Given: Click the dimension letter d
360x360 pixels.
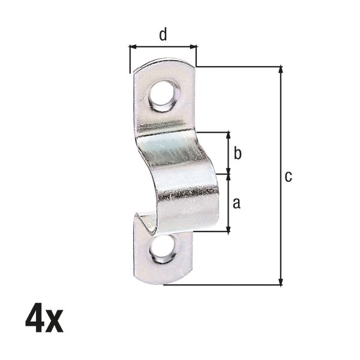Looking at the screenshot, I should [163, 35].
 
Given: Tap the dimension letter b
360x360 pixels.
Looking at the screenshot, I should [238, 154].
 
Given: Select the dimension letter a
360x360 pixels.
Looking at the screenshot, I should [236, 203].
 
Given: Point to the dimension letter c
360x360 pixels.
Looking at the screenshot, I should [289, 176].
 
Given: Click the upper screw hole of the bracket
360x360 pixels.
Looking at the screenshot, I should [164, 95].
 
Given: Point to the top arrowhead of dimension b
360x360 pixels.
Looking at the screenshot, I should [229, 135].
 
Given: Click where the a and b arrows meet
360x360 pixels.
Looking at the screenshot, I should [229, 174].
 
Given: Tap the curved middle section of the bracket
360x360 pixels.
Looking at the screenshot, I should [180, 180].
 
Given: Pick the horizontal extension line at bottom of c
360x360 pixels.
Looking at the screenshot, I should [222, 284].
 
